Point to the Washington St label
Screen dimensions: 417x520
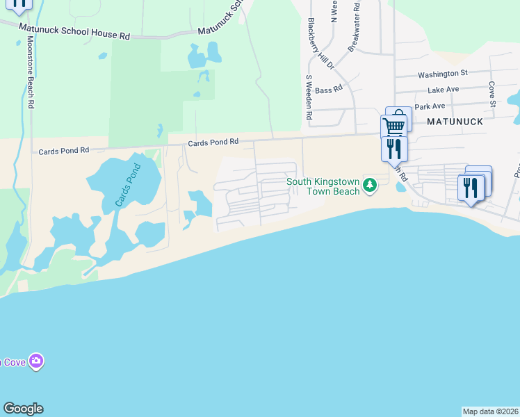(x=443, y=74)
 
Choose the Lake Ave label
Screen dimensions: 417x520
(x=444, y=90)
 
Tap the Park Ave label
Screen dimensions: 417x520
(x=430, y=106)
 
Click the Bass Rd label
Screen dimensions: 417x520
(x=329, y=90)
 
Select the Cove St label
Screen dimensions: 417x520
(x=491, y=90)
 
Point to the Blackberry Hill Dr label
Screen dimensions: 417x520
(x=311, y=44)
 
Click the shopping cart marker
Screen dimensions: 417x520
(x=394, y=125)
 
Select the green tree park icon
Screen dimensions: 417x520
(x=371, y=185)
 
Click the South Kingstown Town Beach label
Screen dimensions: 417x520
(x=324, y=186)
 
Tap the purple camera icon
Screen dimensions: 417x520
(x=36, y=361)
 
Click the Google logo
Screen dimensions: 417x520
(x=23, y=409)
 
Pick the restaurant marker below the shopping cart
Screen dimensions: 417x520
(x=393, y=149)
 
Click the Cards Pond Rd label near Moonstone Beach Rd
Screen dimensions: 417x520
(x=64, y=150)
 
